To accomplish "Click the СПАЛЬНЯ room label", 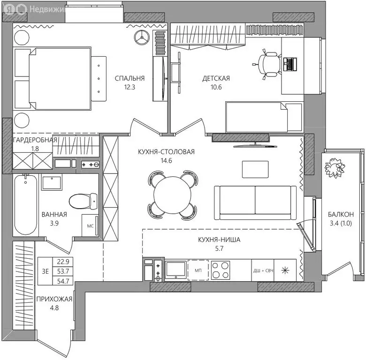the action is pos(130,78).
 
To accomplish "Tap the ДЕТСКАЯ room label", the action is pos(216,78).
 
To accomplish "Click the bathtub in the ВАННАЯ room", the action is pos(25,205).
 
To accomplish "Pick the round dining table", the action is pos(173,195).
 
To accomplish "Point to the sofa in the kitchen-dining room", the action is pos(255,202).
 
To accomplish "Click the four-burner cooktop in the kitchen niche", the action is pos(221,270).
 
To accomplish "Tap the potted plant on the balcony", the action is pos(335,167).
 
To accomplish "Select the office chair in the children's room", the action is pos(267,64).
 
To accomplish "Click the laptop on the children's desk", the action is pos(290,64).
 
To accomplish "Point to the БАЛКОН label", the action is pos(341,214).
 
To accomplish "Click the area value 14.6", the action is pos(166,161).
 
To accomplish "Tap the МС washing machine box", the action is pos(90,225).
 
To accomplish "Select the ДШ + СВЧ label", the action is pos(263,271).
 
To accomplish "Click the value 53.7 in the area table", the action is pos(63,271).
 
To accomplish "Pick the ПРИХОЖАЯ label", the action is pos(54,299).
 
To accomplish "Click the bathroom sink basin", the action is pos(52,182).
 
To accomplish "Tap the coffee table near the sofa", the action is pos(255,169).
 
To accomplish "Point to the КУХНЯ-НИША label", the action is pos(219,240).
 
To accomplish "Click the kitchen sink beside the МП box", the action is pos(176,270).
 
